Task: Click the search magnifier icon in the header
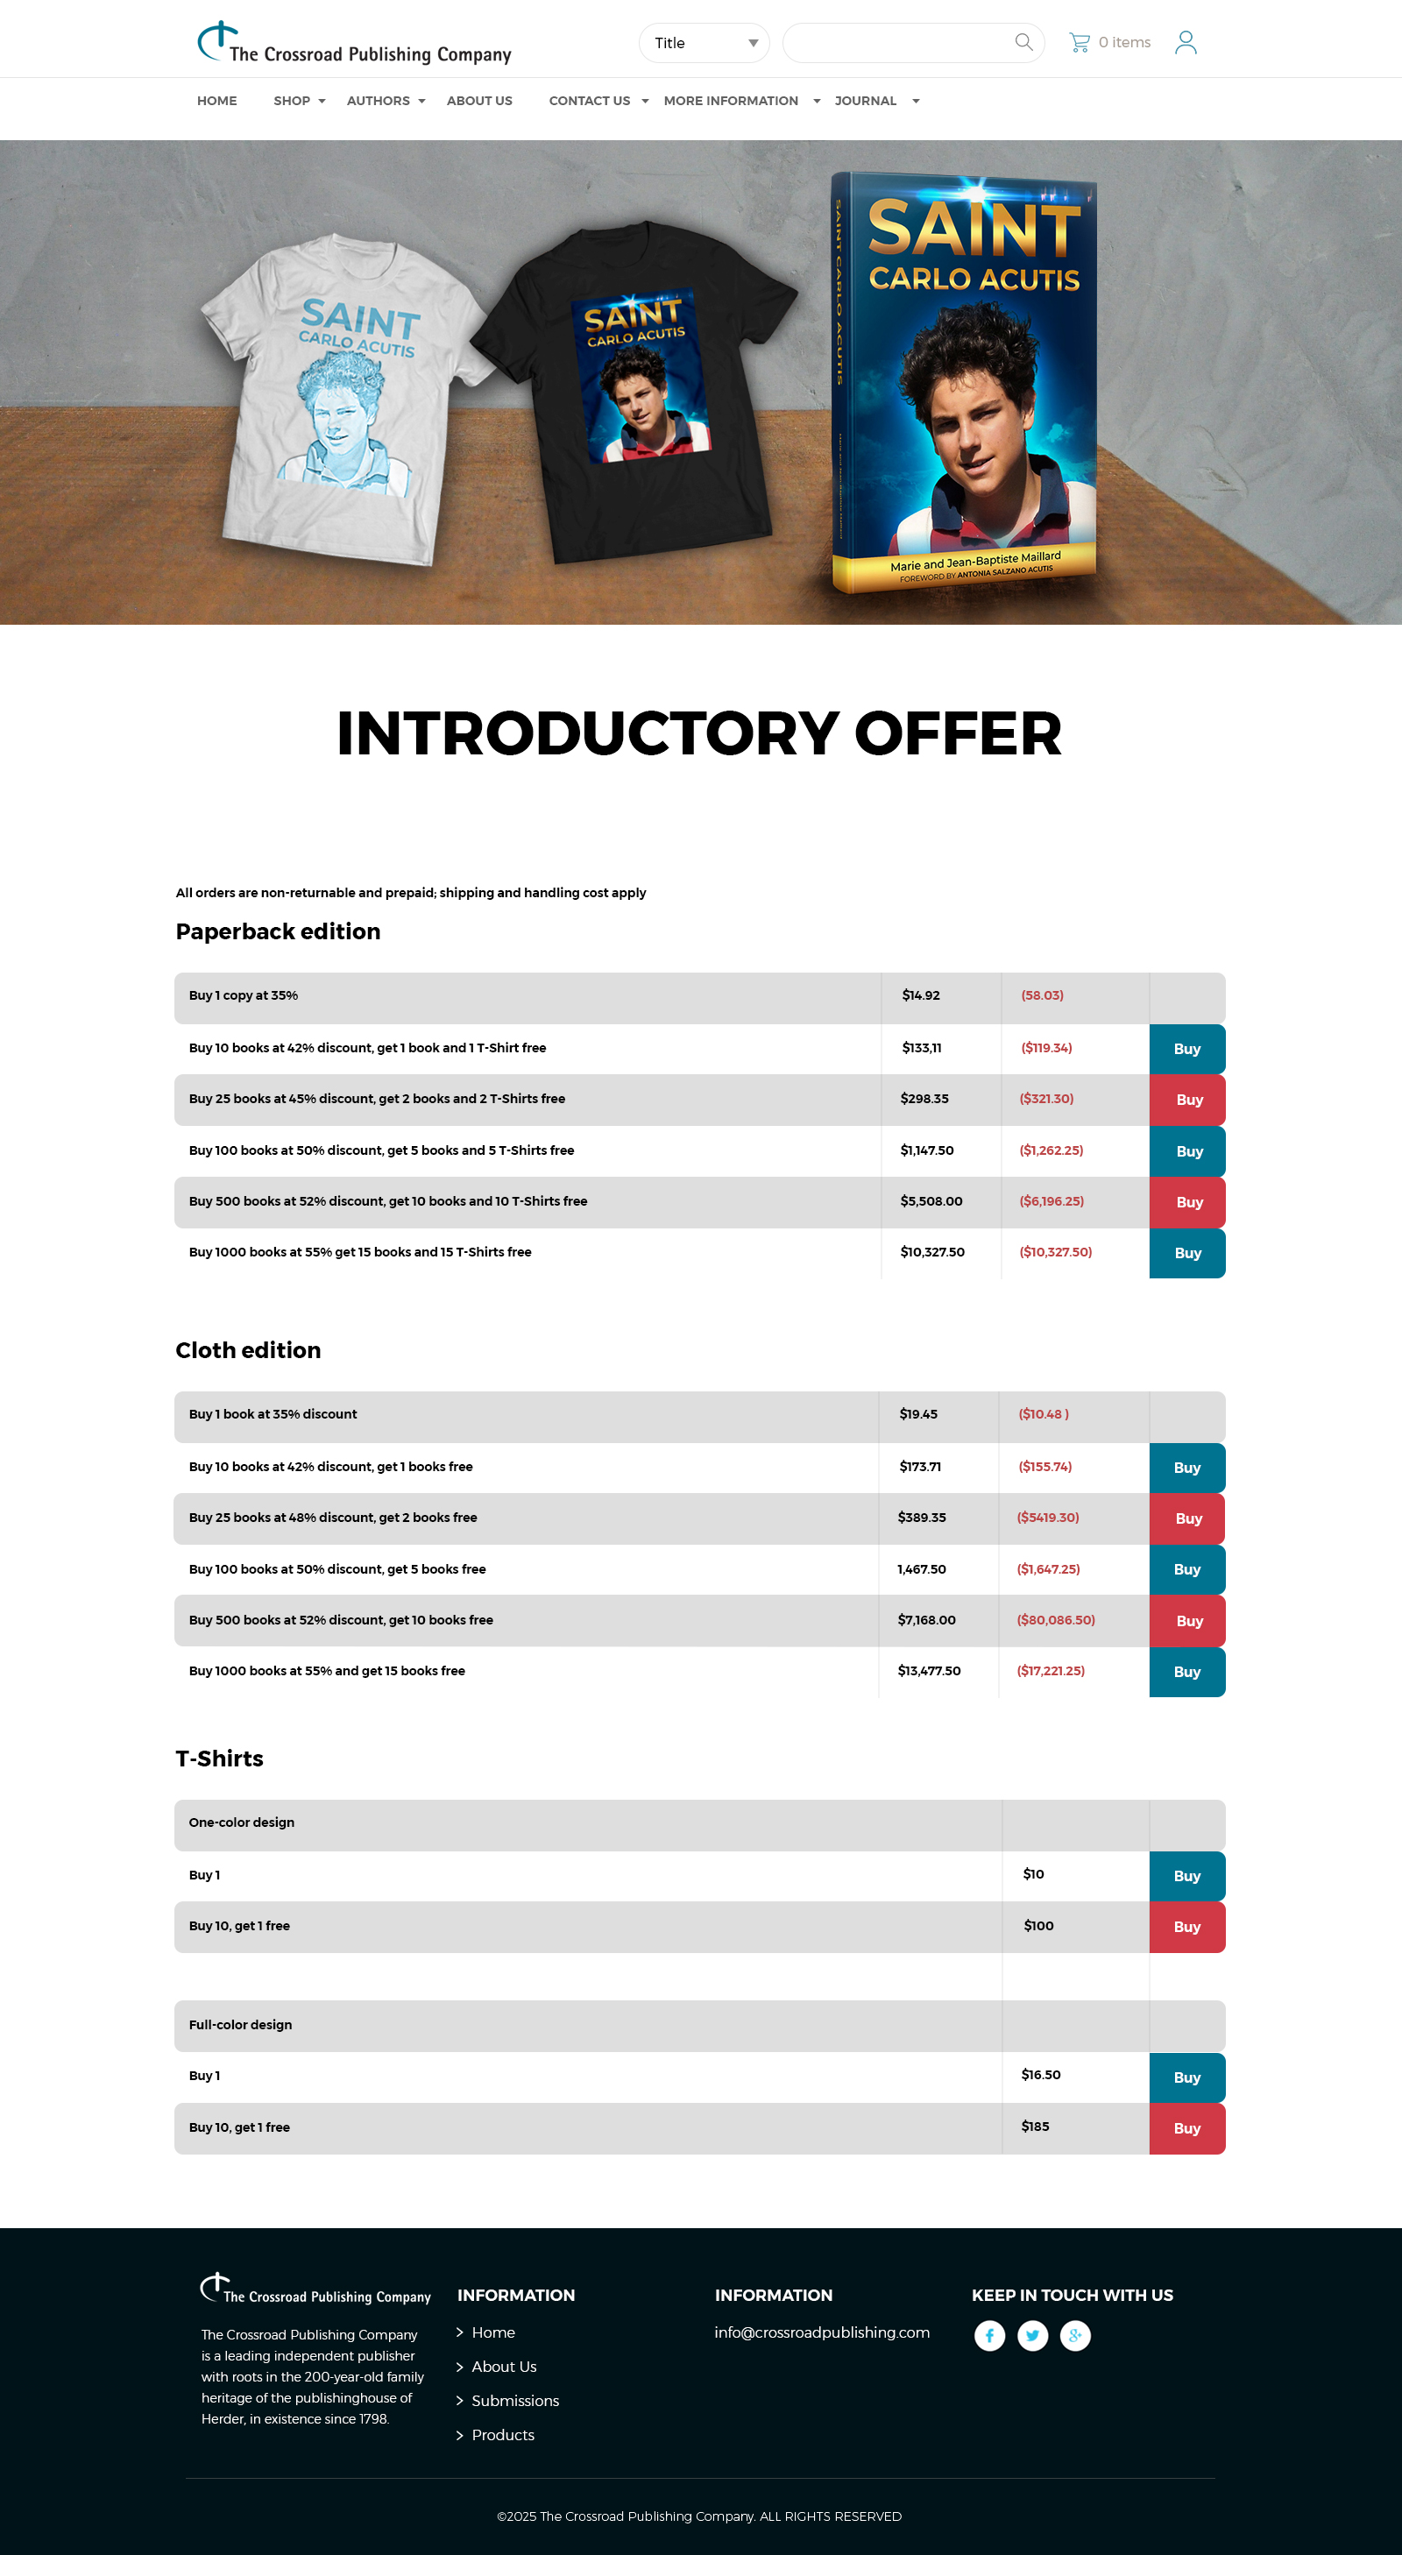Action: click(x=1023, y=42)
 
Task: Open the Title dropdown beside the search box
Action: click(x=704, y=43)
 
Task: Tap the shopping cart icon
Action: click(x=1079, y=43)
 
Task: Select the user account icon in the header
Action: click(x=1185, y=43)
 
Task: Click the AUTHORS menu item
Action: click(x=378, y=101)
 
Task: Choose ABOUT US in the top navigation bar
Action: click(x=479, y=101)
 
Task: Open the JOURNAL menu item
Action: click(x=865, y=101)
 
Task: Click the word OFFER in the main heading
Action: click(x=958, y=734)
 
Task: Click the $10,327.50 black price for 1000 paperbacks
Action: click(x=931, y=1253)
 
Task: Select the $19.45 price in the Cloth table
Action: click(x=917, y=1414)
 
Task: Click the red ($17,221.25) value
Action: click(x=1050, y=1671)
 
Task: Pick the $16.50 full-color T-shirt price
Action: click(x=1041, y=2075)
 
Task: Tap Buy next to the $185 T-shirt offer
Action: click(x=1186, y=2128)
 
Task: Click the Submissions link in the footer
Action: click(x=515, y=2400)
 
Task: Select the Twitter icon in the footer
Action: click(x=1032, y=2336)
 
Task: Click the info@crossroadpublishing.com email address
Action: click(x=822, y=2332)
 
